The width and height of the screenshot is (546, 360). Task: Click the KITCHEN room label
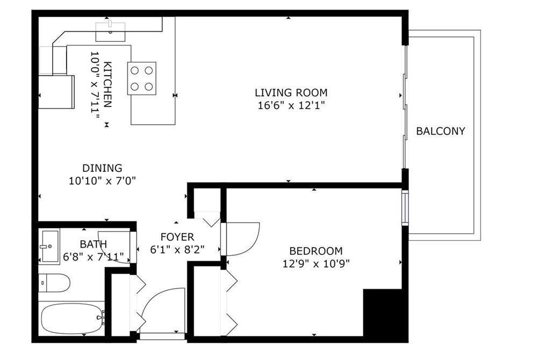[x=108, y=84]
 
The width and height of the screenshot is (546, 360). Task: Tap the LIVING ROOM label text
[x=291, y=92]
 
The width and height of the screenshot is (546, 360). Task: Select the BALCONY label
[x=441, y=131]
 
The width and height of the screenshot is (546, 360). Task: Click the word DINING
[x=102, y=168]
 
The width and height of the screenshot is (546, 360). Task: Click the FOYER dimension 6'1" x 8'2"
[x=177, y=250]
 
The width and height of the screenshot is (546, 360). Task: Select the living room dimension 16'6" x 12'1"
[x=291, y=105]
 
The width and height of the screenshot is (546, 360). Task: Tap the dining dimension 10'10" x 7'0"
[x=102, y=181]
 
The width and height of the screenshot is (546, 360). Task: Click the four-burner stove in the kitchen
[x=141, y=78]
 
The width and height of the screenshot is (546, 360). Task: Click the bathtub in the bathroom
[x=73, y=319]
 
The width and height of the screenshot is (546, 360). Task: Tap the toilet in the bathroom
[x=54, y=283]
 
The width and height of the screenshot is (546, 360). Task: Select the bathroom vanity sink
[x=49, y=246]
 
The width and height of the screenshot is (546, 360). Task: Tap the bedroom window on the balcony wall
[x=405, y=207]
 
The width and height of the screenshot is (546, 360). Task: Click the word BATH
[x=94, y=244]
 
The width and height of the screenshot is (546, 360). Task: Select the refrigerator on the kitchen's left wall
[x=56, y=92]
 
